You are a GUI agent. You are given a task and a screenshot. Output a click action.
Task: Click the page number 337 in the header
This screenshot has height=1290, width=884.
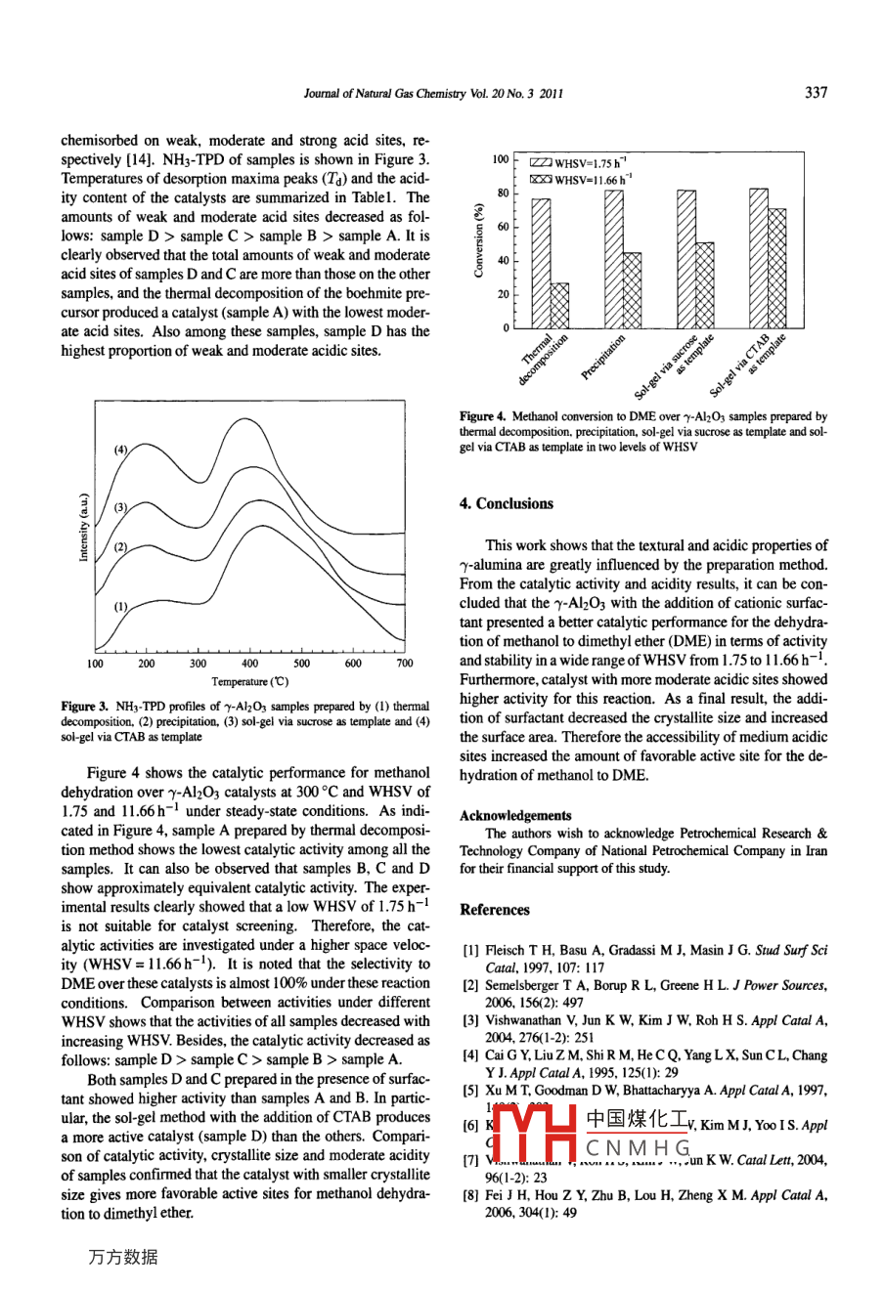coord(816,93)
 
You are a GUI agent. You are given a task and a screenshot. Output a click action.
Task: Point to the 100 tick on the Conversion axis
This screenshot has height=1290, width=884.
coord(500,159)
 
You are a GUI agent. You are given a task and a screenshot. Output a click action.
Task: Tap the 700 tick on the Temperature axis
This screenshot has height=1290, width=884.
coord(404,665)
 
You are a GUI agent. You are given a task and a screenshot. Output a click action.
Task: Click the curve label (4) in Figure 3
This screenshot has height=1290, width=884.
coord(121,451)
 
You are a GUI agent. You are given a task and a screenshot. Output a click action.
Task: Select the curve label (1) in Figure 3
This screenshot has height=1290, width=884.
coord(121,606)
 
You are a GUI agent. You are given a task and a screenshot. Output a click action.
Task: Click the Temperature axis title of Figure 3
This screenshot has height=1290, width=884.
coord(249,681)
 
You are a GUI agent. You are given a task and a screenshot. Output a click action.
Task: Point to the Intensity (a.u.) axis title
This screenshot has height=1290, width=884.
coord(83,527)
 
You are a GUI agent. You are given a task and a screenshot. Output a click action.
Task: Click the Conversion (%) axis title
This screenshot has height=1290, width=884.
coord(478,240)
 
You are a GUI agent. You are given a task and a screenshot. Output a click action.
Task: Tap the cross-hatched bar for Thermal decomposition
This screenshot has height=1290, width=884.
coord(559,305)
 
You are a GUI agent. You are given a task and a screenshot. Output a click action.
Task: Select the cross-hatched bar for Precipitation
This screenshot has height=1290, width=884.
coord(633,289)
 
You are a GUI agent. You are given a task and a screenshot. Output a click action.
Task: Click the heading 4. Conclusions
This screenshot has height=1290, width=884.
coord(507,504)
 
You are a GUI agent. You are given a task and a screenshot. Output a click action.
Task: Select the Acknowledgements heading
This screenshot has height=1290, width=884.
coord(515,815)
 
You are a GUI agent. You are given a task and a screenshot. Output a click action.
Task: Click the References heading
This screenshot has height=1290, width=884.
coord(495,910)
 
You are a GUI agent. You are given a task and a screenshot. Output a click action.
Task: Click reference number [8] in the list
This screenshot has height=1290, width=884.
coord(469,1194)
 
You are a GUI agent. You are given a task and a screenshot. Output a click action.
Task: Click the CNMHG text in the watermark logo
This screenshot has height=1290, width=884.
coord(640,1145)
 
